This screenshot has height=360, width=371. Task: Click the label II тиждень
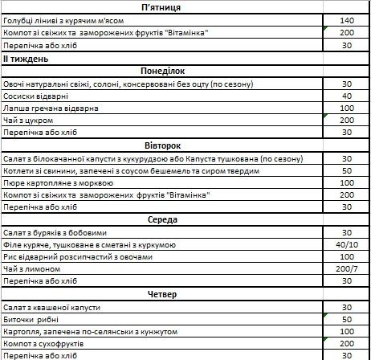coord(26,59)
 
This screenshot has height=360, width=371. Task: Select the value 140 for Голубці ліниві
coord(346,20)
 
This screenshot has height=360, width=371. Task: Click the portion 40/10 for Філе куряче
coord(346,244)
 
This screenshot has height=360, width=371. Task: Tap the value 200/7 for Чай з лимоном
coord(346,269)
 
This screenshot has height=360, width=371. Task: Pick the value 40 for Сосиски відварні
coord(346,96)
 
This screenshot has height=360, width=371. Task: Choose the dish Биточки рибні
coord(31,319)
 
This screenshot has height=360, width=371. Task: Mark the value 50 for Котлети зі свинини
coord(346,170)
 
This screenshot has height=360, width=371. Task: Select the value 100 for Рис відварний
coord(346,257)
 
